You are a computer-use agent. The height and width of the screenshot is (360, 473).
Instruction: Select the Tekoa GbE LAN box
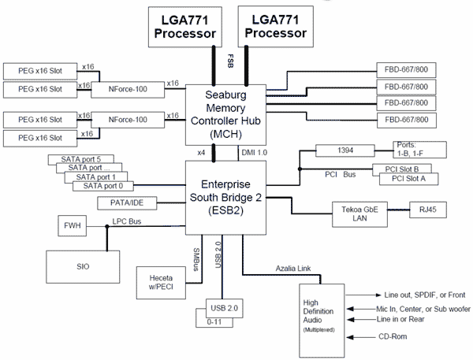coord(360,213)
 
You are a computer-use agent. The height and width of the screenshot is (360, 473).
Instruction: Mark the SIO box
coord(83,266)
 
